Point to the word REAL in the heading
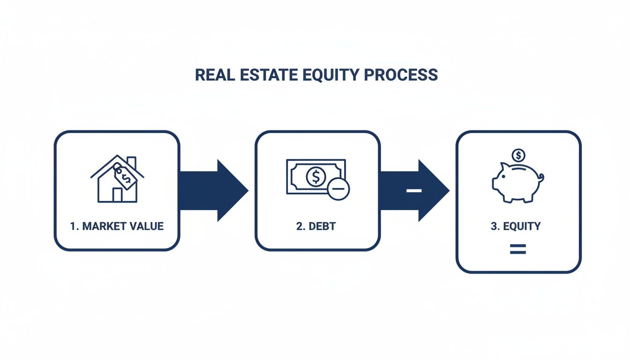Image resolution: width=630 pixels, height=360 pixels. tap(211, 75)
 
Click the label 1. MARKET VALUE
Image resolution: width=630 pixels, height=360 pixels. tap(117, 226)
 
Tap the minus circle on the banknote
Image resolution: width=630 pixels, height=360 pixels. tap(338, 190)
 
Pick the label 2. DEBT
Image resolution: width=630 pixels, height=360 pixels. tap(316, 226)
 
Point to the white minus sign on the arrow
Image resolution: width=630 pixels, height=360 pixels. tap(414, 190)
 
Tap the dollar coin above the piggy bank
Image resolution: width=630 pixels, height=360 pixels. tap(518, 155)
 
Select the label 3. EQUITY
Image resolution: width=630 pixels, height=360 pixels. tap(516, 226)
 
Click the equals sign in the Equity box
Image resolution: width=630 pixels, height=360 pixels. tap(517, 249)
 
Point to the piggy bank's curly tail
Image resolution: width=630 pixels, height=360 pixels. tap(541, 178)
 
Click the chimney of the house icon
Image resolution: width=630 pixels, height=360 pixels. tap(132, 162)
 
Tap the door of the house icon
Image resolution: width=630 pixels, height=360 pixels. tap(117, 195)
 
